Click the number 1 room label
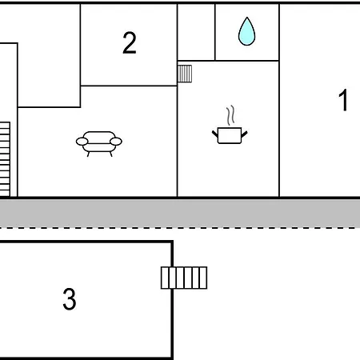(343, 100)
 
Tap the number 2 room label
(130, 42)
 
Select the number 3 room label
(70, 299)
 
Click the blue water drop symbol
(246, 31)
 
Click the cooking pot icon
(230, 135)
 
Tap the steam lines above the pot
(231, 115)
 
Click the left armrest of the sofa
(82, 142)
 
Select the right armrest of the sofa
(116, 142)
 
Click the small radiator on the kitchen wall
(185, 74)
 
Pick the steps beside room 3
(184, 278)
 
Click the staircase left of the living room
(5, 159)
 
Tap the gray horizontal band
(180, 213)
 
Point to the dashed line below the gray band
(180, 228)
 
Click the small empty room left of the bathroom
(196, 32)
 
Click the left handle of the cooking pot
(215, 134)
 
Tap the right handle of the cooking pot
(244, 134)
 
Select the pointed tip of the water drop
(247, 18)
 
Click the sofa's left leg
(88, 154)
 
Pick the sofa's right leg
(111, 154)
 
